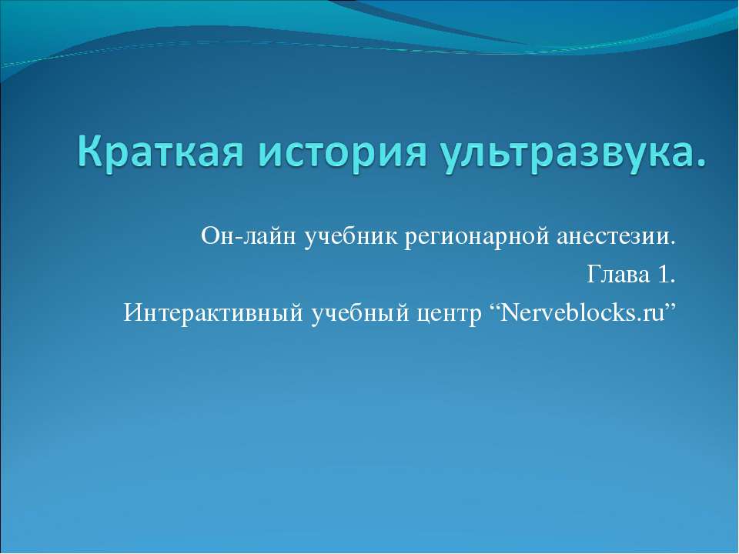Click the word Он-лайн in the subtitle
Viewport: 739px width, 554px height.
pyautogui.click(x=249, y=236)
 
